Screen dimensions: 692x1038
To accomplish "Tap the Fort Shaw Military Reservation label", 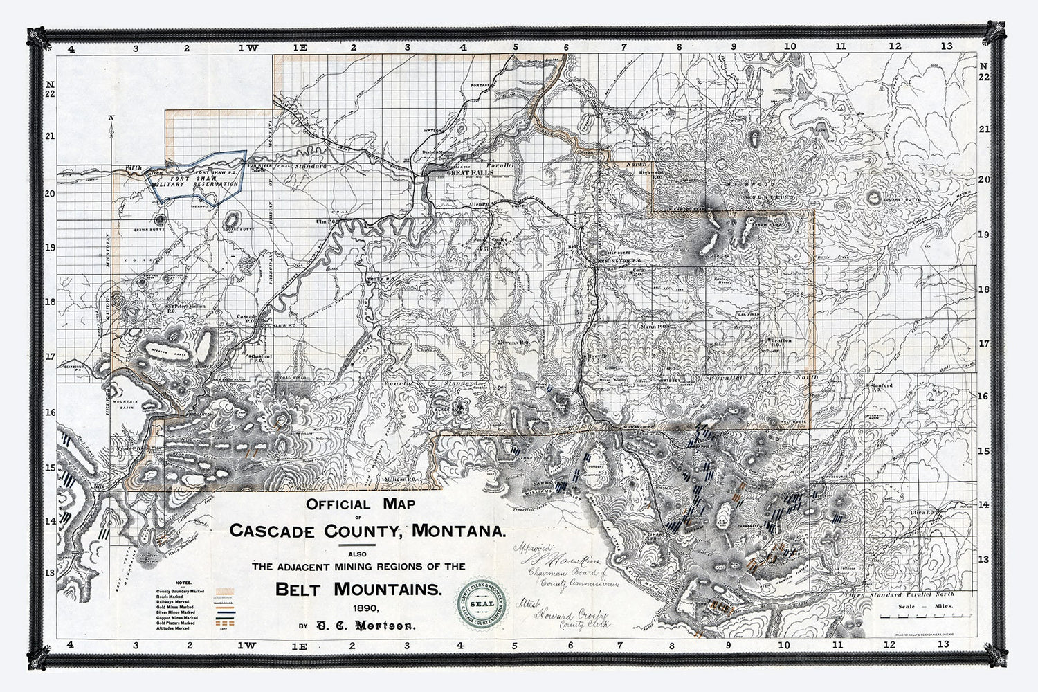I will pos(195,181).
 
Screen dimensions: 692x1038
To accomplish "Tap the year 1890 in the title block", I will pos(365,609).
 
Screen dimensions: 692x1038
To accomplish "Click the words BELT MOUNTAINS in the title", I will pos(358,590).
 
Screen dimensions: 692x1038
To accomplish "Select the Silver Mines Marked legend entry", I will pos(176,612).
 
